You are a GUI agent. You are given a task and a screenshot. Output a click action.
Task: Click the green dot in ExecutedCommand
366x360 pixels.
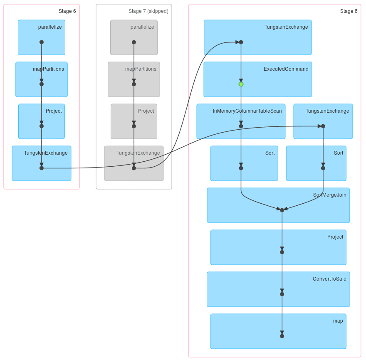[x=241, y=84]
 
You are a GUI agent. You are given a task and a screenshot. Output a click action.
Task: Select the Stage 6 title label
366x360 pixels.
[x=67, y=11]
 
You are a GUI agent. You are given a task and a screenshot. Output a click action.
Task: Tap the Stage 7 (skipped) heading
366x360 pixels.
[x=148, y=11]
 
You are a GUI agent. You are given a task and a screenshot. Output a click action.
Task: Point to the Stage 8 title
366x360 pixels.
[x=349, y=11]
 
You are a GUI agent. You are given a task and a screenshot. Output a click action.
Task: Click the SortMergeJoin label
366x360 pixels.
[x=329, y=195]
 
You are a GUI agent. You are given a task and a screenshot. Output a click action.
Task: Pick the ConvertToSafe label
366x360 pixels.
[x=329, y=279]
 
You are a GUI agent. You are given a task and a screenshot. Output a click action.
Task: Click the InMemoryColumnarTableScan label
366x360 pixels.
[x=247, y=111]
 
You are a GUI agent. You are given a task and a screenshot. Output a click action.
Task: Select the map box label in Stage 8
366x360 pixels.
[x=338, y=321]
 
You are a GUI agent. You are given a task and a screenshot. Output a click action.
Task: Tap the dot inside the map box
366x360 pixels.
[x=282, y=336]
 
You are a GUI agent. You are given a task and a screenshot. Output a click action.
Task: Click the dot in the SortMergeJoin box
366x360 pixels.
[x=282, y=210]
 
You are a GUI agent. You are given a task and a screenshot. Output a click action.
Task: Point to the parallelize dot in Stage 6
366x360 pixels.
[x=42, y=42]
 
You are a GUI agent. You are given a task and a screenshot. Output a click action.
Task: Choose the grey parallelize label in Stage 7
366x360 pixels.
[x=142, y=27]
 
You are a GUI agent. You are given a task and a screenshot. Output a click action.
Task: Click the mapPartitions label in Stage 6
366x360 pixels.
[x=48, y=69]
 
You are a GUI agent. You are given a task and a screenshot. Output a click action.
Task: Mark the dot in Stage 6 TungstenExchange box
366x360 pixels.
[x=42, y=168]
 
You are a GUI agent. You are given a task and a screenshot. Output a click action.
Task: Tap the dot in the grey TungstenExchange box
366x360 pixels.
[x=134, y=168]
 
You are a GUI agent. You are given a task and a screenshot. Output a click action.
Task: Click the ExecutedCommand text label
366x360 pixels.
[x=286, y=69]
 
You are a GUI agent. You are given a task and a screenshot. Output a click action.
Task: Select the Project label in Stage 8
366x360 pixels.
[x=335, y=237]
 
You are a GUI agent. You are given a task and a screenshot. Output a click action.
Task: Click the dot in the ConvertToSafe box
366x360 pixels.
[x=282, y=294]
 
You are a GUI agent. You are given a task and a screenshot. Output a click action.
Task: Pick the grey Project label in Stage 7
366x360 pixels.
[x=146, y=111]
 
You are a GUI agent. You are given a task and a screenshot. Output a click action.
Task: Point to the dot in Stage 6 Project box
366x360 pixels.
[x=42, y=126]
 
